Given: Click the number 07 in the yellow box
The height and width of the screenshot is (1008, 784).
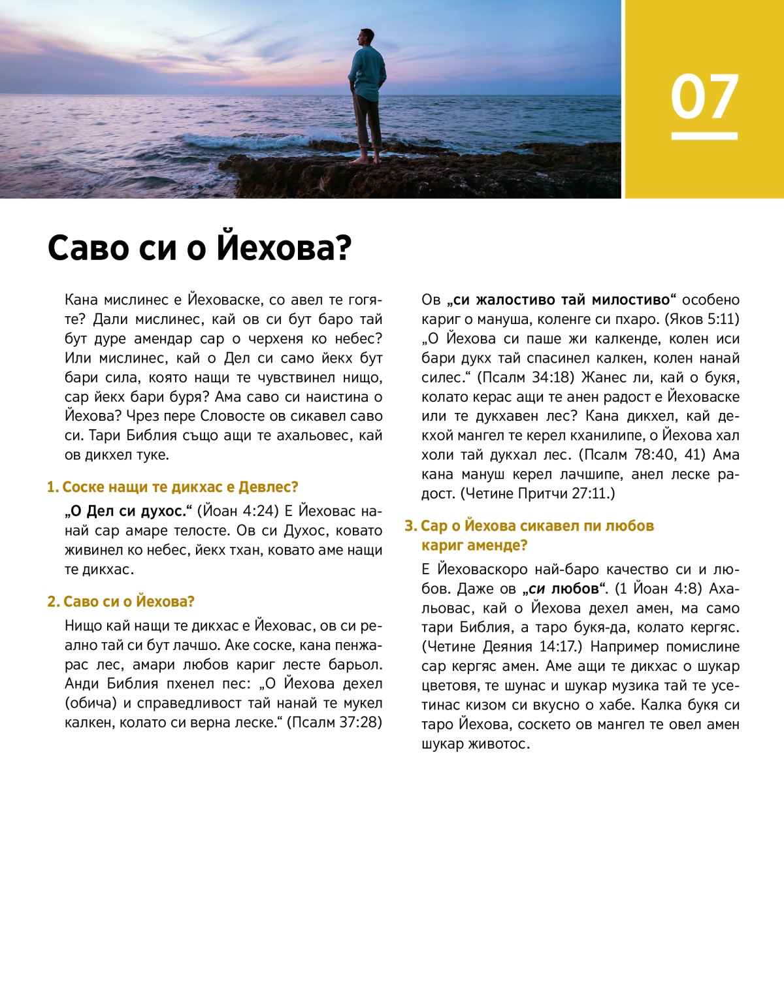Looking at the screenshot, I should coord(704,97).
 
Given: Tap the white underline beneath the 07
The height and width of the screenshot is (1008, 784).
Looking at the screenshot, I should coord(704,136).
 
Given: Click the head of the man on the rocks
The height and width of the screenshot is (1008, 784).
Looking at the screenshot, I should coord(367,39).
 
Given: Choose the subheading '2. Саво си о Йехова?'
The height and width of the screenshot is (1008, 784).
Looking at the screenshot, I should coord(121,602).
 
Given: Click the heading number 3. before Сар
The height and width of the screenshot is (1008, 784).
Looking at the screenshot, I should coord(410,526).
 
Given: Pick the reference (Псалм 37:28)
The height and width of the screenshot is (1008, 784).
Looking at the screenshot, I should coord(335,723).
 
